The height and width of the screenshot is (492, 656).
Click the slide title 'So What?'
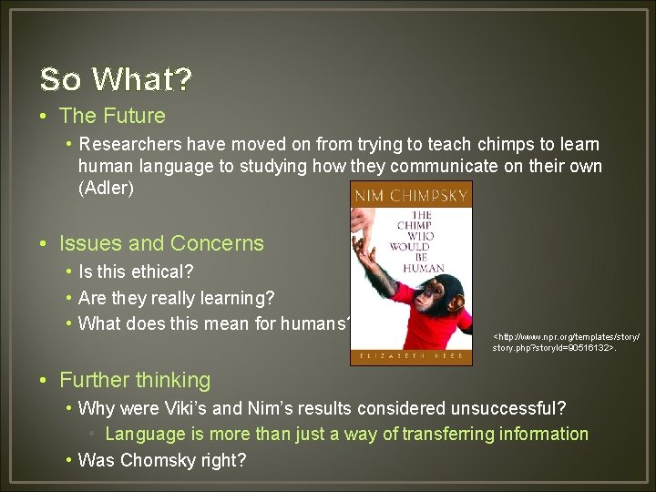116,79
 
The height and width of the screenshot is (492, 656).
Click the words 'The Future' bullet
112,116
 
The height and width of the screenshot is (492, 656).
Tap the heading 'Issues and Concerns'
161,243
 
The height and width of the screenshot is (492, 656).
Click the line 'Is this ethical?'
136,272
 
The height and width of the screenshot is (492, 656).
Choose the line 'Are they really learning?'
176,298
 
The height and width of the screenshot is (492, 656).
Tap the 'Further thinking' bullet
135,380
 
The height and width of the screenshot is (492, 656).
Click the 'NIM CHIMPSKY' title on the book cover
411,195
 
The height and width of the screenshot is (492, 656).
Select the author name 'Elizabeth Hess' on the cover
411,355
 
